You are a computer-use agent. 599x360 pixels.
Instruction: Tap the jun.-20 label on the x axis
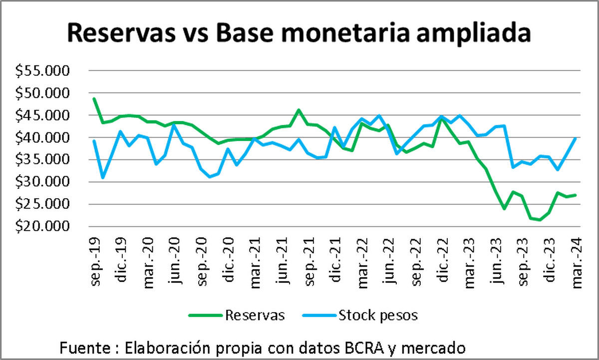pos(175,257)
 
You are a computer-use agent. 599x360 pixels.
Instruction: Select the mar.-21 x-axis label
pos(256,257)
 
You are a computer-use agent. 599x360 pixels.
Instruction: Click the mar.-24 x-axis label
pos(577,257)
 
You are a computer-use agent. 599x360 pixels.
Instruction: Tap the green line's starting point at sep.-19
pos(94,98)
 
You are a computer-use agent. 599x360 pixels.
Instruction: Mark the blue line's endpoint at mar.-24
pos(576,138)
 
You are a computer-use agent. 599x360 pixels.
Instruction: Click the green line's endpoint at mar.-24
pos(576,195)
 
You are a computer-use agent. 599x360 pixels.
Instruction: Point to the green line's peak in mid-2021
pos(299,110)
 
